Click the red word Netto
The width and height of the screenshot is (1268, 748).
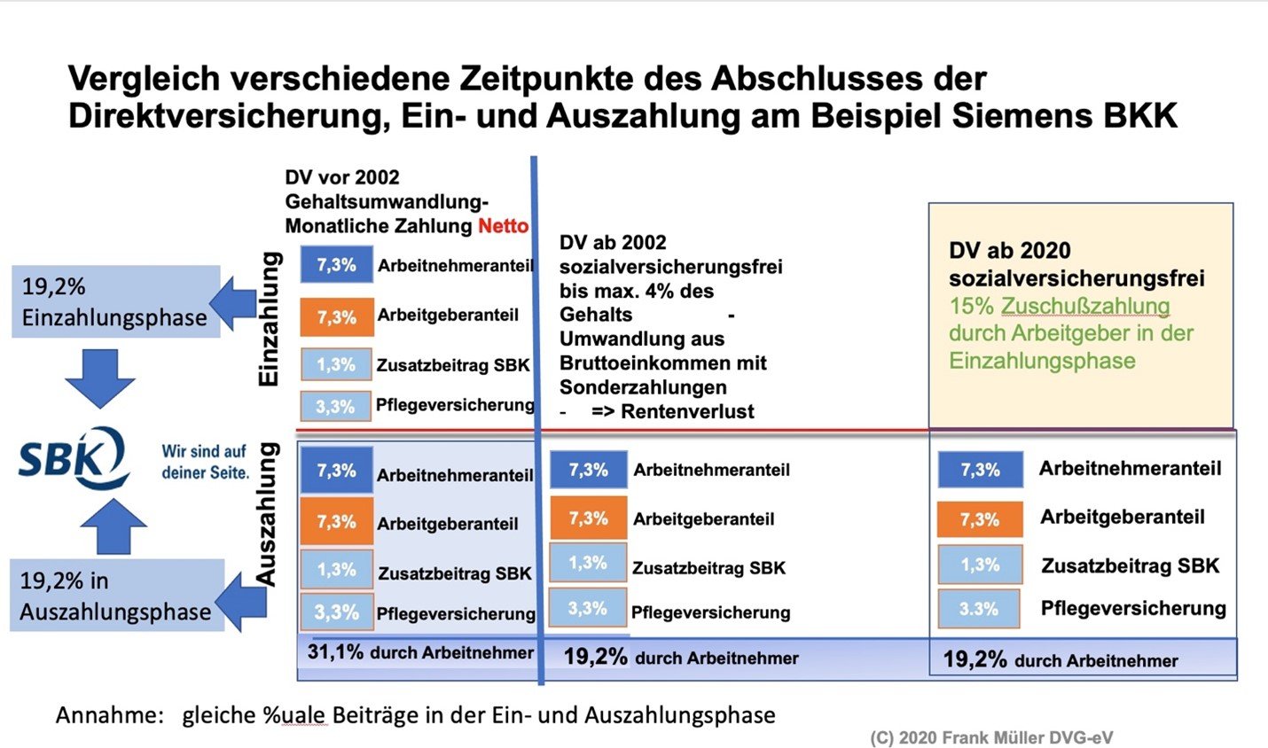point(503,226)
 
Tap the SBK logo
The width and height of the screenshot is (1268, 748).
point(74,459)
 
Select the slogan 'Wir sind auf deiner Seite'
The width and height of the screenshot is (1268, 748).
point(205,462)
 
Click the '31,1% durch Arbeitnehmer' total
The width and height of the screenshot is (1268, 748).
point(420,653)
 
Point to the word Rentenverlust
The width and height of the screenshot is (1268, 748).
point(687,411)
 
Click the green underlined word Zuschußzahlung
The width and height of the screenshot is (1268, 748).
point(1085,307)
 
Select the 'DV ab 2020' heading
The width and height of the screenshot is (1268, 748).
point(1009,251)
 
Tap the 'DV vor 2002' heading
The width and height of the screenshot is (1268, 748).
point(342,178)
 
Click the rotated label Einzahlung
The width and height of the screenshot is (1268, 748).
point(269,319)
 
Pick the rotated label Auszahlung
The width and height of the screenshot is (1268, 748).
point(267,514)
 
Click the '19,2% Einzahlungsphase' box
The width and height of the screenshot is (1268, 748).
point(115,302)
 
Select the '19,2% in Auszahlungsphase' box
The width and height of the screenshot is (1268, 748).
point(115,596)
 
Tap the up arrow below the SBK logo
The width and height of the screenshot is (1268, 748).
point(113,526)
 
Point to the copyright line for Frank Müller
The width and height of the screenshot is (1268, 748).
point(990,737)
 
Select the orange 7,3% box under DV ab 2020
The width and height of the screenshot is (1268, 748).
point(979,520)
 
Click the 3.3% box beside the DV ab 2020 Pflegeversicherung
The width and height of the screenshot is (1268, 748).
point(978,610)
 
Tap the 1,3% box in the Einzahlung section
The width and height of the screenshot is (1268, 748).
point(335,365)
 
